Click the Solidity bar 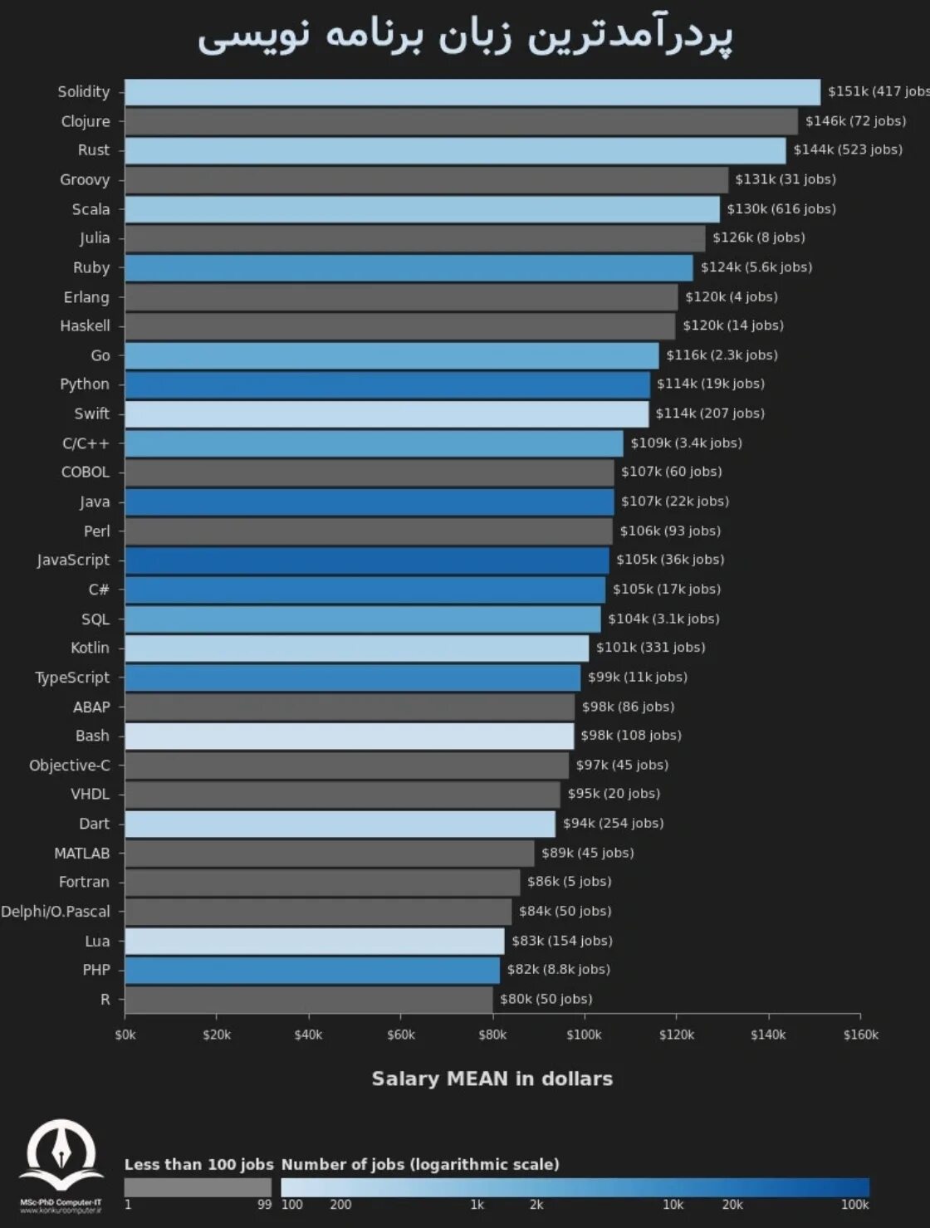point(472,92)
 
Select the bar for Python point(387,384)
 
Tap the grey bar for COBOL point(369,472)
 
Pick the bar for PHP point(312,970)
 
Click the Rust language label point(93,150)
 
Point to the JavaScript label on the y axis point(73,560)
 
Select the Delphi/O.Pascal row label point(55,912)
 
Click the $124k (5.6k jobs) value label point(756,267)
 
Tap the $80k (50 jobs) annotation point(546,999)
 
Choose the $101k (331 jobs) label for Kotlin point(650,648)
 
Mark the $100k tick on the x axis point(584,1035)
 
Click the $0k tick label point(125,1035)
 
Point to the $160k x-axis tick point(860,1035)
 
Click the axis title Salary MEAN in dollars point(492,1079)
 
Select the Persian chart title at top point(465,37)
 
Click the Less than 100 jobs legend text point(198,1164)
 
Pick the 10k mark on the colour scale point(673,1205)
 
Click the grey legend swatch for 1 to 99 point(198,1187)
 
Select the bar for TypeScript point(352,678)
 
